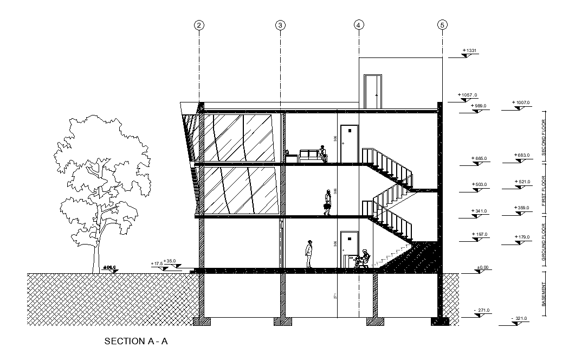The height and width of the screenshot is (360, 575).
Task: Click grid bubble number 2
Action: [x=199, y=25]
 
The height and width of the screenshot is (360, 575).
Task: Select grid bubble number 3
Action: [x=280, y=25]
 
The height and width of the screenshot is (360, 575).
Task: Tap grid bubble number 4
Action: [x=359, y=25]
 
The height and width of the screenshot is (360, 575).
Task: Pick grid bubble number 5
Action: [x=442, y=25]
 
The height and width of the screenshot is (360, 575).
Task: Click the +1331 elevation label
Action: [x=469, y=51]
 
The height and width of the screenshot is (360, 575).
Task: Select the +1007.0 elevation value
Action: [x=521, y=102]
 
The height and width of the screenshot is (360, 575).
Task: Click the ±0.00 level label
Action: [x=482, y=267]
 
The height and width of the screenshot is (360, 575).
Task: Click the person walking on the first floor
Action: [x=328, y=202]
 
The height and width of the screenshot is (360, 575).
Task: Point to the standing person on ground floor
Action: [x=309, y=254]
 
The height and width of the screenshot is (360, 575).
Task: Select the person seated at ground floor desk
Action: [x=365, y=258]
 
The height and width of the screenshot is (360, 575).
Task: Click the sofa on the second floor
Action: [x=309, y=156]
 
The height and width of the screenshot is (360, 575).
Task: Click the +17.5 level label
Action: [x=157, y=263]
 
